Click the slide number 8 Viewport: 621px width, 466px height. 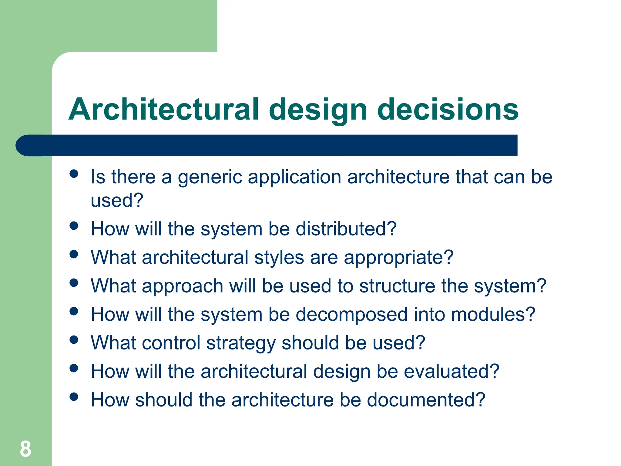(x=25, y=449)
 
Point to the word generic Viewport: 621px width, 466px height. (x=210, y=177)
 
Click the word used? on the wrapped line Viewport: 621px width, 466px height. (x=117, y=201)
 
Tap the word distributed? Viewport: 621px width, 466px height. (x=346, y=229)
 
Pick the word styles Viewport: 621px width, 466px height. (x=279, y=258)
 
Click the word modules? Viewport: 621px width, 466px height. (x=493, y=314)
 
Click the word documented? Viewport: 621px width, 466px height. (x=426, y=400)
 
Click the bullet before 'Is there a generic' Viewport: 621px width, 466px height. (x=74, y=174)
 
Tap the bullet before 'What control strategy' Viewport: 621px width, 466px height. (x=74, y=340)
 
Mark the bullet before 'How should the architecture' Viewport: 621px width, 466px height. (x=74, y=397)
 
